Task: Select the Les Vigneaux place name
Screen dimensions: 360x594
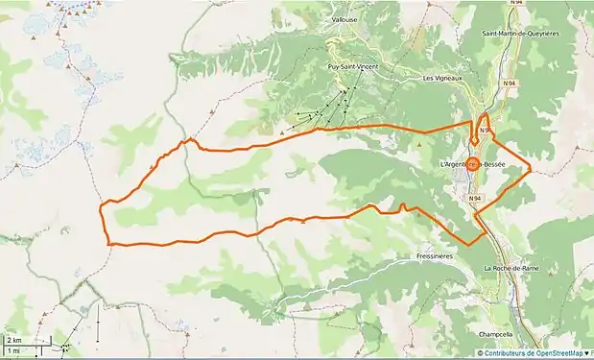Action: point(442,78)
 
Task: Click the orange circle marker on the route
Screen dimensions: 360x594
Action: point(474,163)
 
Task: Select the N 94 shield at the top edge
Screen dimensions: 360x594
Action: point(516,3)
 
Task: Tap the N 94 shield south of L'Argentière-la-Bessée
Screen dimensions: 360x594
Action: point(475,198)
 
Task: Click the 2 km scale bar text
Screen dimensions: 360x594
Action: point(14,341)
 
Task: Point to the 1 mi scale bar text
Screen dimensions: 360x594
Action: point(13,350)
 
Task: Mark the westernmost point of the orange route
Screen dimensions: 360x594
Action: point(101,210)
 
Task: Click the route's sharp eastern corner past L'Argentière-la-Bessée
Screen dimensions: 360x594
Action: point(530,173)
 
